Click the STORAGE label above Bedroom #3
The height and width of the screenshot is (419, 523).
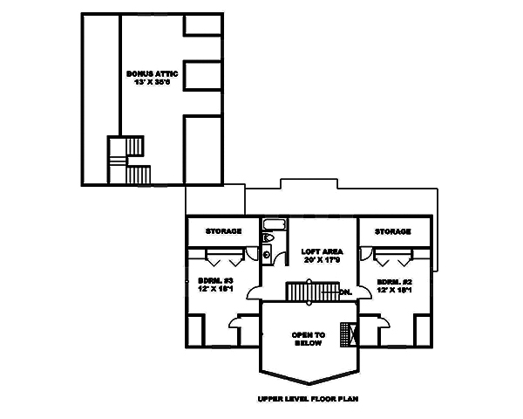[223, 231]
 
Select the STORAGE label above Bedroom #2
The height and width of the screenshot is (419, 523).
[392, 231]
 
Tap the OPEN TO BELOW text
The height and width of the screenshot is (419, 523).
[308, 339]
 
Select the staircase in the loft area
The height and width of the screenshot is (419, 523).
[311, 292]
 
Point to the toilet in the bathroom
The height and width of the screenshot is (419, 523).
[268, 237]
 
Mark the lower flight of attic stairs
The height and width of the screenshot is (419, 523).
[139, 175]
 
